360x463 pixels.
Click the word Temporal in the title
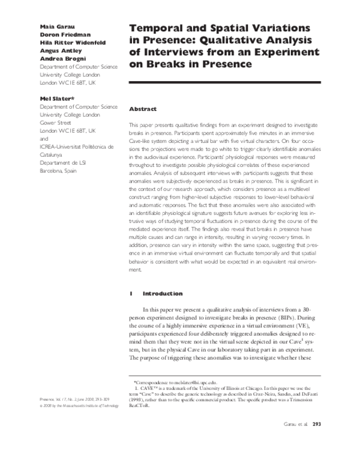tap(161, 28)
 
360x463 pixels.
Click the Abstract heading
tap(143, 109)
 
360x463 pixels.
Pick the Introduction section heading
tap(162, 294)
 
